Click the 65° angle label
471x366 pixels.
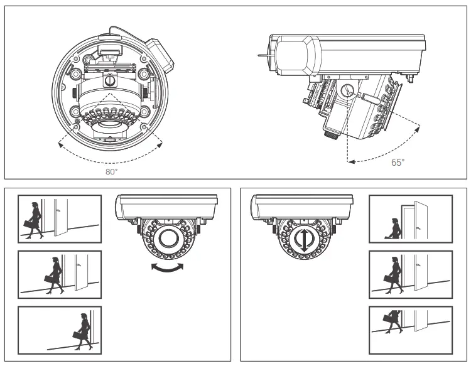(x=398, y=162)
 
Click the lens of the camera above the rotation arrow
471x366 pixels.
(x=168, y=239)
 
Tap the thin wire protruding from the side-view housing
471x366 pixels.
(x=263, y=56)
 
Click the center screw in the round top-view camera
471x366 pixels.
(x=111, y=80)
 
